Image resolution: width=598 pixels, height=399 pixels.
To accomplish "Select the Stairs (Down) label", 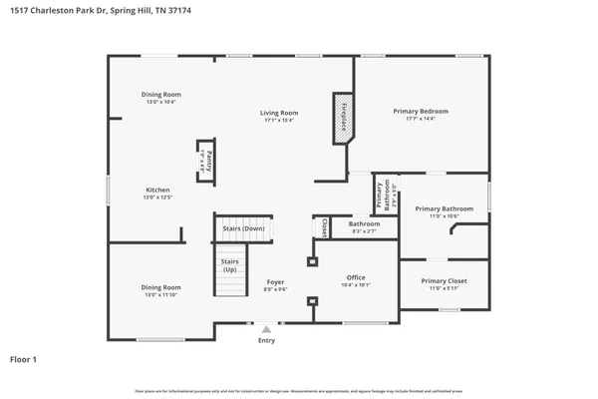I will click(x=243, y=228).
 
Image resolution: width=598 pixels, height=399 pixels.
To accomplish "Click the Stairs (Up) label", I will click(x=229, y=266).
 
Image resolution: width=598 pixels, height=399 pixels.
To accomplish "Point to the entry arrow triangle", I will click(x=266, y=328).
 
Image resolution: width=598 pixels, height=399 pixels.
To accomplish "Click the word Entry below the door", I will click(x=266, y=340).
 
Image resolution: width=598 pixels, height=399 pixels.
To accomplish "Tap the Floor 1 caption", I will click(x=24, y=358).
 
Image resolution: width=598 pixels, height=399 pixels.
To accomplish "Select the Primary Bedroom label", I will click(x=420, y=111).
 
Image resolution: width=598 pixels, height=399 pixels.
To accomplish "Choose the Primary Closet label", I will click(x=443, y=280).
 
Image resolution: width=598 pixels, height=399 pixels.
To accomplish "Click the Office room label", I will click(x=356, y=277).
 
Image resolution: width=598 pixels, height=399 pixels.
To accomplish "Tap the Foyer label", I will click(x=275, y=282).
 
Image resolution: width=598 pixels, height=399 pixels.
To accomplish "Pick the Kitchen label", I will click(x=158, y=190).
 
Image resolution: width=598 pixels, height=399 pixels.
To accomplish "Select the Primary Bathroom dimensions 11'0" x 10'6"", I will click(x=444, y=215).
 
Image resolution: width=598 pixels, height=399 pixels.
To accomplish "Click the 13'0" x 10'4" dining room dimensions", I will click(x=160, y=102).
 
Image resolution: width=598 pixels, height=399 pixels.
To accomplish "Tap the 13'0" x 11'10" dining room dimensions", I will click(x=160, y=294).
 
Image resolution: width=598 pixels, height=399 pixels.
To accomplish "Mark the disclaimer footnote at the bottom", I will click(x=298, y=390).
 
